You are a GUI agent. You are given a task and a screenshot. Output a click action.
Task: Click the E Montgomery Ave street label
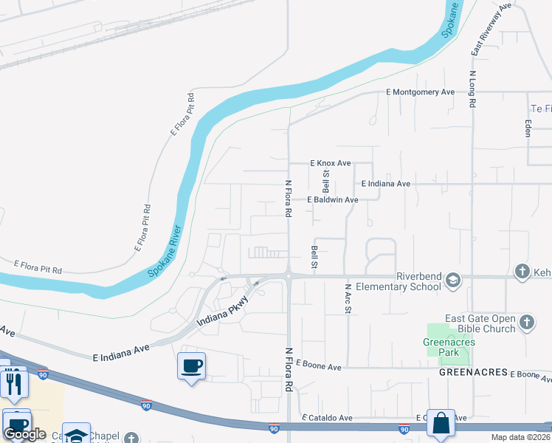pyautogui.click(x=420, y=92)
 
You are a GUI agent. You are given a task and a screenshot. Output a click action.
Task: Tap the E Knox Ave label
pyautogui.click(x=330, y=162)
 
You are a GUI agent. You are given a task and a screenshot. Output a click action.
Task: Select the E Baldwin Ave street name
pyautogui.click(x=333, y=200)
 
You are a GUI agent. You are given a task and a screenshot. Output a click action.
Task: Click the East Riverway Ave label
pyautogui.click(x=491, y=29)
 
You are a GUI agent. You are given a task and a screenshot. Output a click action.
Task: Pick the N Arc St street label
pyautogui.click(x=347, y=298)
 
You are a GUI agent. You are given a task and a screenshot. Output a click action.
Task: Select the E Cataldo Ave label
pyautogui.click(x=327, y=418)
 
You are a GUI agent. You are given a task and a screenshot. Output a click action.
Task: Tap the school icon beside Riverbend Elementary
pyautogui.click(x=453, y=280)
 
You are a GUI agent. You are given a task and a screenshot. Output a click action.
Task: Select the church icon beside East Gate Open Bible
pyautogui.click(x=526, y=322)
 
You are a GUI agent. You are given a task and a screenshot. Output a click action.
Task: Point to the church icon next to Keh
pyautogui.click(x=522, y=272)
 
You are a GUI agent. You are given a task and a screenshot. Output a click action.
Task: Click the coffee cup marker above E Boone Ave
pyautogui.click(x=191, y=365)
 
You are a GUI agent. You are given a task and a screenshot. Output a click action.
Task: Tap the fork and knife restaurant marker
pyautogui.click(x=14, y=382)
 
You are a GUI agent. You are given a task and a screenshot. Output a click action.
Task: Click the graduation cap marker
pyautogui.click(x=75, y=435)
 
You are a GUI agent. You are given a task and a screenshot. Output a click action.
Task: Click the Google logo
pyautogui.click(x=24, y=434)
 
